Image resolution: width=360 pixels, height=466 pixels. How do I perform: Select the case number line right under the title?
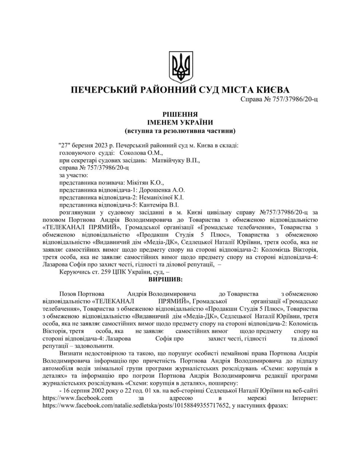coord(280,99)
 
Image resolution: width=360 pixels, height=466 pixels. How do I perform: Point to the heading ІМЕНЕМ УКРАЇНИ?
coord(180,122)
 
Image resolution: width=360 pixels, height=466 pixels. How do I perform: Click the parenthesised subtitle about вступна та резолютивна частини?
coord(180,130)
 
